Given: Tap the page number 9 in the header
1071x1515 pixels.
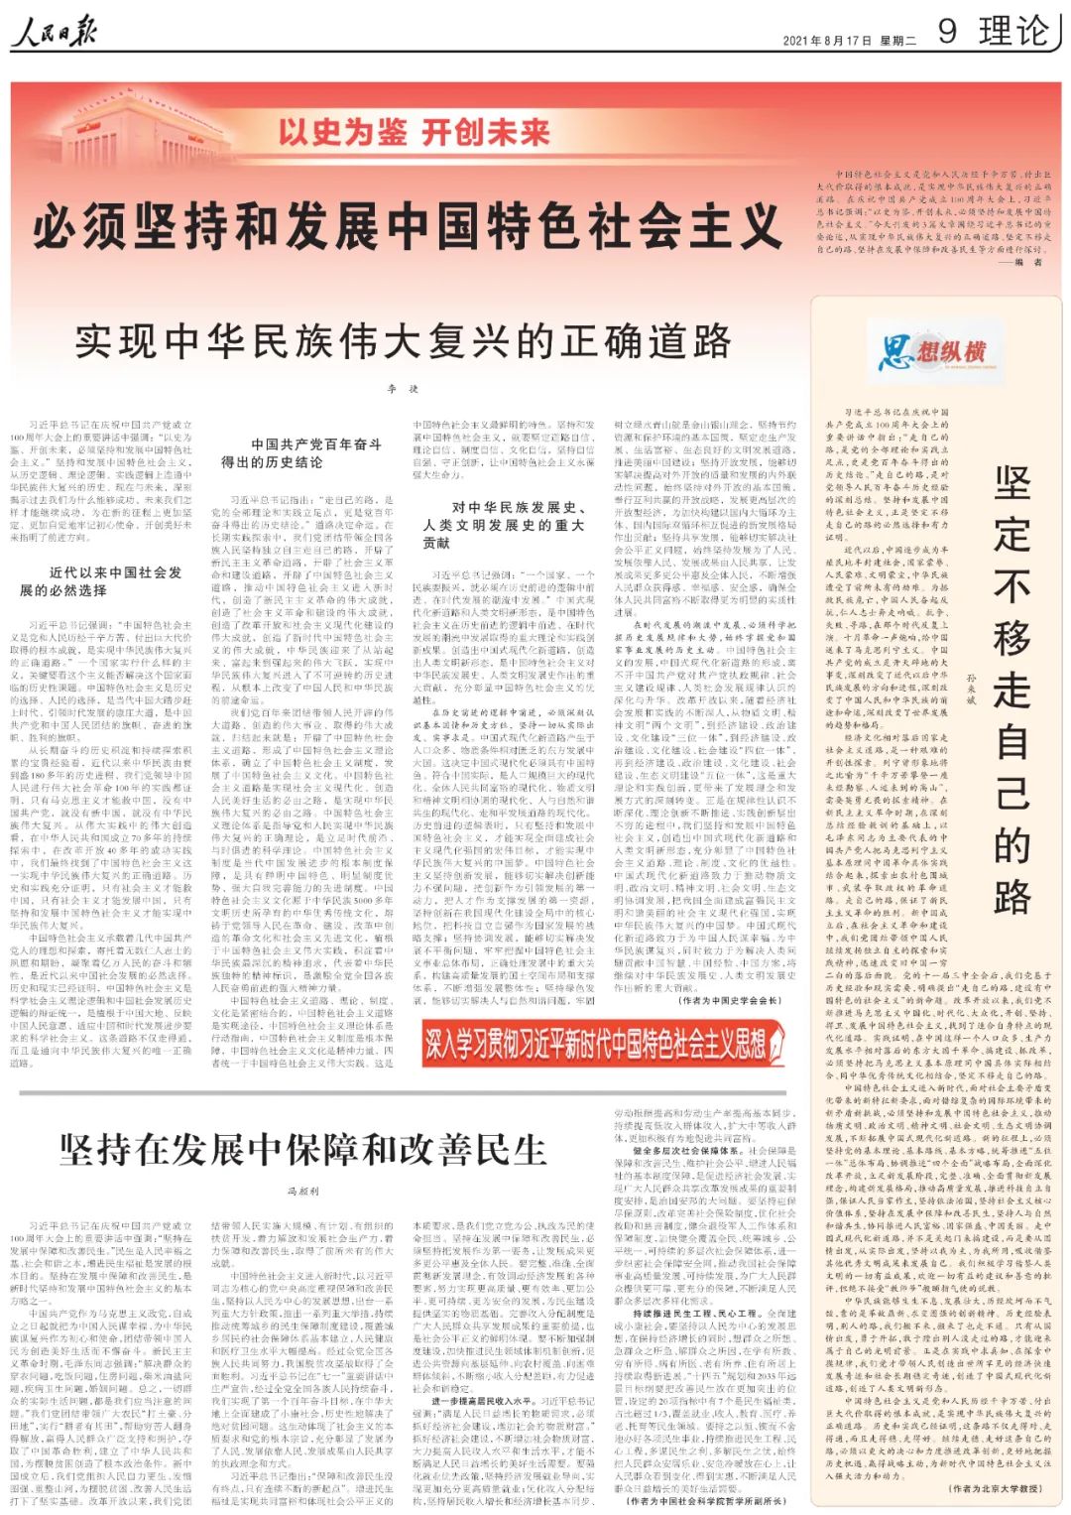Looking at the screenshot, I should [948, 32].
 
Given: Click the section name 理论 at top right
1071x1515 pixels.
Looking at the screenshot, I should [1012, 32].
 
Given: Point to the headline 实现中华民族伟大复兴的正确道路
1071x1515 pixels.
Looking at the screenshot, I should [404, 342].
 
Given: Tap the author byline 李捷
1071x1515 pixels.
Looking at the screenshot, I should [403, 390].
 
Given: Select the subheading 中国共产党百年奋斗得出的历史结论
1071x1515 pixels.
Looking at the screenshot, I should [301, 453].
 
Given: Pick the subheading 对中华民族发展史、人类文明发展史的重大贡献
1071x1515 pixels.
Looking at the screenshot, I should [504, 525].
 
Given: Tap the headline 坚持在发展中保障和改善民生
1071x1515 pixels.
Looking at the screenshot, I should [303, 1150].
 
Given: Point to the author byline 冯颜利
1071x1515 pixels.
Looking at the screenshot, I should [302, 1191].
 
